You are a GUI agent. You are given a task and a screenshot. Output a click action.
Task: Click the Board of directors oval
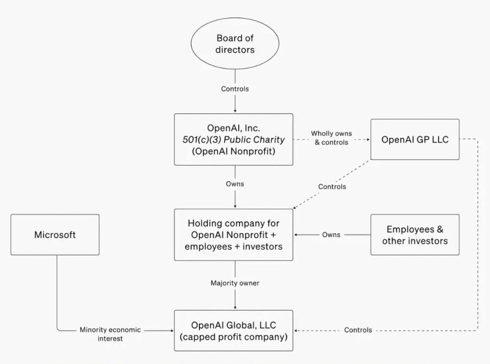pyautogui.click(x=235, y=44)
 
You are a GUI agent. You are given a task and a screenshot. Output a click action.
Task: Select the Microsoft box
pyautogui.click(x=55, y=235)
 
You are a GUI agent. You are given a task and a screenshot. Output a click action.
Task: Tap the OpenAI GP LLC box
pyautogui.click(x=415, y=139)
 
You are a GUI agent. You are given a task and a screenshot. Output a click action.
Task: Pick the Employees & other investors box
pyautogui.click(x=415, y=235)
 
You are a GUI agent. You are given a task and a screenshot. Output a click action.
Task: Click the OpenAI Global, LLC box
pyautogui.click(x=234, y=331)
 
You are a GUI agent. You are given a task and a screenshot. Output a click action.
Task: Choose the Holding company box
pyautogui.click(x=234, y=235)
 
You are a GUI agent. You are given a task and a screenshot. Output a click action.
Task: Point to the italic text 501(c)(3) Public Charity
pyautogui.click(x=234, y=140)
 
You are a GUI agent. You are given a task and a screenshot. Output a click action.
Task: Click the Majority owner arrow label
pyautogui.click(x=235, y=283)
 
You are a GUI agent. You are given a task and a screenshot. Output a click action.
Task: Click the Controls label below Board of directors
pyautogui.click(x=235, y=89)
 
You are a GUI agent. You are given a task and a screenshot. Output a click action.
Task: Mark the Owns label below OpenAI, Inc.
pyautogui.click(x=235, y=184)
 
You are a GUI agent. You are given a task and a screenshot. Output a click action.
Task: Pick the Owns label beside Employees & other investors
pyautogui.click(x=331, y=235)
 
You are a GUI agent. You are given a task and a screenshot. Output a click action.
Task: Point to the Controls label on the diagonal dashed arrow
pyautogui.click(x=332, y=186)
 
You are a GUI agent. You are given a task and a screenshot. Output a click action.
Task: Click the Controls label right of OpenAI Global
pyautogui.click(x=358, y=330)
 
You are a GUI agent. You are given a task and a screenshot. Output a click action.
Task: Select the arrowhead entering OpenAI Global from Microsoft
pyautogui.click(x=171, y=331)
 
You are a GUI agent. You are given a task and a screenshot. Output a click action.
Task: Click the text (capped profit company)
pyautogui.click(x=234, y=337)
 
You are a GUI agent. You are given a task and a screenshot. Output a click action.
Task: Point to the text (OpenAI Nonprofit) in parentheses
pyautogui.click(x=234, y=151)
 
